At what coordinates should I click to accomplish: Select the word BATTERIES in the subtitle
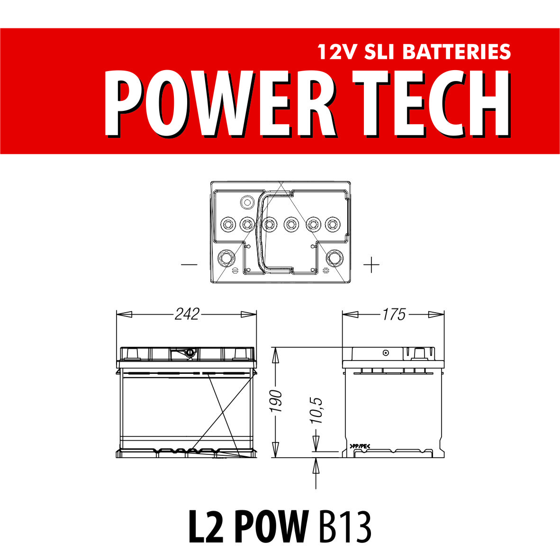(457, 52)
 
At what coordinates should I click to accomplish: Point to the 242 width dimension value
(187, 314)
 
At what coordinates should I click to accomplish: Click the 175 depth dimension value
(394, 314)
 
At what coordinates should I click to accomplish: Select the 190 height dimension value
(276, 401)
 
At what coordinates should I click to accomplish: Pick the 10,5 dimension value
(316, 410)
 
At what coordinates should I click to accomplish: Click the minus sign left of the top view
(189, 265)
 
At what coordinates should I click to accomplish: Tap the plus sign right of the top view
(371, 265)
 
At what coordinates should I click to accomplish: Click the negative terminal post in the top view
(226, 258)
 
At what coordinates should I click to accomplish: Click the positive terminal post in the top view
(334, 258)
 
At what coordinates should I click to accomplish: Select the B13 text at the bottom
(344, 527)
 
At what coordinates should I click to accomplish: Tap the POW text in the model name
(271, 527)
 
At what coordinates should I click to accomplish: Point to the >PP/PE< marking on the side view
(360, 446)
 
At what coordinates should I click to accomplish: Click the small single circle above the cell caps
(247, 203)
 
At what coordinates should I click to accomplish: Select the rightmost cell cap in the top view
(333, 224)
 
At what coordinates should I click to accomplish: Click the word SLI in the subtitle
(379, 52)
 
